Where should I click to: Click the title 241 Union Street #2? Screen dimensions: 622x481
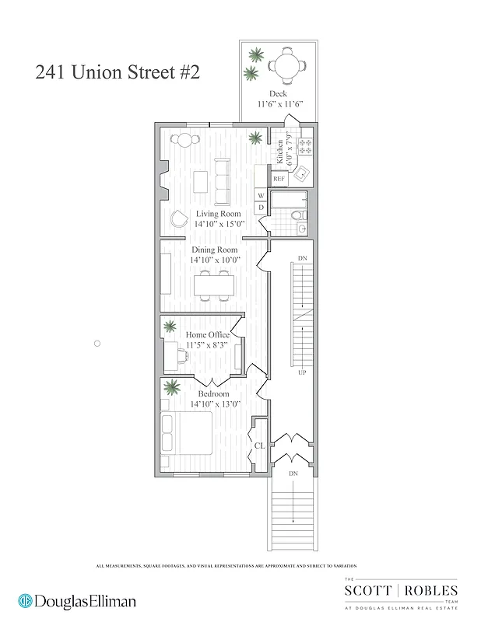click(x=118, y=74)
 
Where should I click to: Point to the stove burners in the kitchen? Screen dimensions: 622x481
click(x=305, y=145)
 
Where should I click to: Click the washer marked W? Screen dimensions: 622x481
click(x=261, y=196)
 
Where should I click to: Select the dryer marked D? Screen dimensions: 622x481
click(x=261, y=208)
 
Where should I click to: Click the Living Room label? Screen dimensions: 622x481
click(x=218, y=214)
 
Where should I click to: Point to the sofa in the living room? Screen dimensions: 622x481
click(x=223, y=181)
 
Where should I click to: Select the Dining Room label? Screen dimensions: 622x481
click(x=215, y=250)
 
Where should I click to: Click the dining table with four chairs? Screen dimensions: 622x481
click(x=214, y=285)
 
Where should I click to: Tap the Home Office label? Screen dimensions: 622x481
click(x=207, y=335)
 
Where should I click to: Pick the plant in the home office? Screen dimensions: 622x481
click(x=170, y=327)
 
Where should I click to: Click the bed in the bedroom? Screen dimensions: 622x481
click(x=187, y=433)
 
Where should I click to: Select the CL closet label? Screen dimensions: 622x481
click(x=260, y=446)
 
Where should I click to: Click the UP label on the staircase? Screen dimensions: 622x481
click(x=301, y=373)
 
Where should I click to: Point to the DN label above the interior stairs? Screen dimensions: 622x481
click(x=303, y=258)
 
